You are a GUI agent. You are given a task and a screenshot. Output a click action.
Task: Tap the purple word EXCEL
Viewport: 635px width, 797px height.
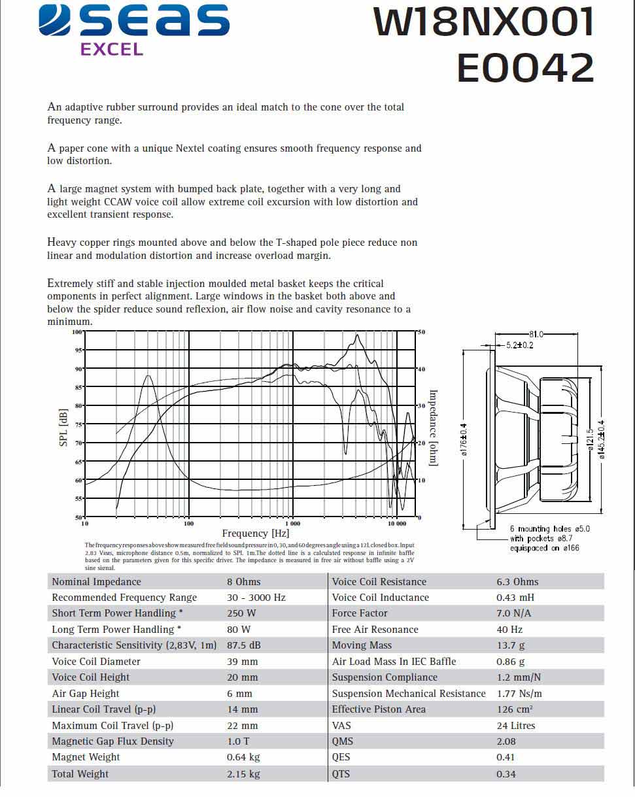point(111,49)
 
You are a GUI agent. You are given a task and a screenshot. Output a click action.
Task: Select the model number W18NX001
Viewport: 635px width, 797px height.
point(484,22)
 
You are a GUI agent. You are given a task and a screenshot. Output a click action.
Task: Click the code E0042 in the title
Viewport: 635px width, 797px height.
point(525,67)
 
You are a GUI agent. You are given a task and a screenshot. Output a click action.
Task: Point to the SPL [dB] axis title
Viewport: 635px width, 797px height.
point(63,428)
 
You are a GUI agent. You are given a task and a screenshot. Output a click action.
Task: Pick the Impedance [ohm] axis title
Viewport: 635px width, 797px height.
point(432,428)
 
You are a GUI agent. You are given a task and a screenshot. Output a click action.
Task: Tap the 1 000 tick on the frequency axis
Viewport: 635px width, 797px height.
point(293,524)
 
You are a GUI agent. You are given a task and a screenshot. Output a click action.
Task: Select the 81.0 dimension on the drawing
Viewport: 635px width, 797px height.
point(536,334)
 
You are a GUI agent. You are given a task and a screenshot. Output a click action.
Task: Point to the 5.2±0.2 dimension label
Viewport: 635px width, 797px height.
point(519,345)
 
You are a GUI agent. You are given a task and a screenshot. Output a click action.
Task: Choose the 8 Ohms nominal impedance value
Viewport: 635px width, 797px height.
point(243,582)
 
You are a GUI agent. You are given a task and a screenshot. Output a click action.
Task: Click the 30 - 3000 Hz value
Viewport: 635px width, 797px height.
point(256,598)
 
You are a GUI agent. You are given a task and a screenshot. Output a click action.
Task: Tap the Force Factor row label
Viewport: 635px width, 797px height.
point(360,613)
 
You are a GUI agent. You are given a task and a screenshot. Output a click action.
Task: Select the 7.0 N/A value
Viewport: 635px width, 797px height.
point(514,613)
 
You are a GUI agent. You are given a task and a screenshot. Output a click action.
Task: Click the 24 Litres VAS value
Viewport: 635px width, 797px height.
point(516,726)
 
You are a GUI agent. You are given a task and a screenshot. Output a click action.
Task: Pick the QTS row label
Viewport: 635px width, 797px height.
point(341,774)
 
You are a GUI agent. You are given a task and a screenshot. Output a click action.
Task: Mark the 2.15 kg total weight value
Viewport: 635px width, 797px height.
point(243,774)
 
